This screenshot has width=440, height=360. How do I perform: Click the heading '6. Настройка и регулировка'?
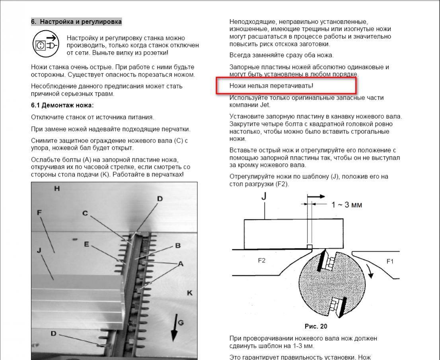pos(76,22)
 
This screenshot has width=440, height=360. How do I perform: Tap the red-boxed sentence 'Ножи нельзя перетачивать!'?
pos(263,86)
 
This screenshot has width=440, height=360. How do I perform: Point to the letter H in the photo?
pos(58,188)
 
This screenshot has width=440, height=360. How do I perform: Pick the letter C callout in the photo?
pos(85,213)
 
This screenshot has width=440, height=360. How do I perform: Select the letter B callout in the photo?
pos(178,246)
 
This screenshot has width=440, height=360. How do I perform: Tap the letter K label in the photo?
pos(190,293)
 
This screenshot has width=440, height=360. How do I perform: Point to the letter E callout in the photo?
pos(86,244)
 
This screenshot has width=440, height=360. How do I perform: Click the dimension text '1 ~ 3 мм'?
pos(347,205)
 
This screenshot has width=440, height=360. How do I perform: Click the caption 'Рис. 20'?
pos(315,326)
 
